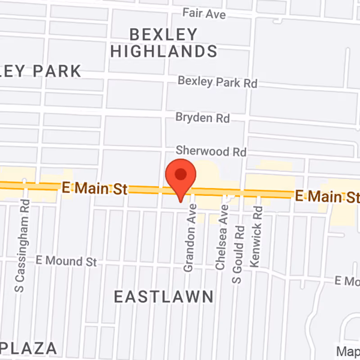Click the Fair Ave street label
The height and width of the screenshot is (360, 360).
click(x=204, y=13)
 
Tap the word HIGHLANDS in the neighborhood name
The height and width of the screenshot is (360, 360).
click(x=164, y=51)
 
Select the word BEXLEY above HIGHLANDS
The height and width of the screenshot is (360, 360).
click(x=164, y=34)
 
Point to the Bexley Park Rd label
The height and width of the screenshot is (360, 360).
click(x=217, y=82)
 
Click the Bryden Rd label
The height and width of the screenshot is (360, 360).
click(x=202, y=118)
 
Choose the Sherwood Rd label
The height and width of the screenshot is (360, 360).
click(x=211, y=151)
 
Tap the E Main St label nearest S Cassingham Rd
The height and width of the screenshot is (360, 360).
click(x=94, y=189)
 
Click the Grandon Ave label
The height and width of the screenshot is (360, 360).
click(x=189, y=237)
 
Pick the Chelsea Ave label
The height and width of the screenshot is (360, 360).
click(x=220, y=237)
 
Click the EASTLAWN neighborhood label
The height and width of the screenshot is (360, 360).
click(x=163, y=297)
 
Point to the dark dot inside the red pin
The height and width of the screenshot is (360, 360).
click(x=180, y=174)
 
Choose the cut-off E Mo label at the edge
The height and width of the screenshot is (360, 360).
click(x=347, y=281)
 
